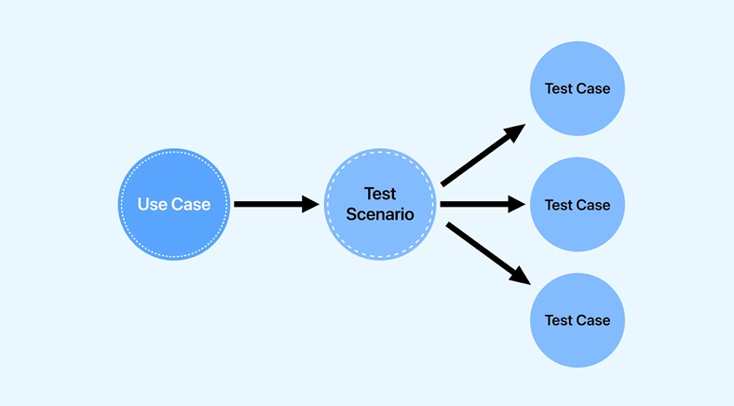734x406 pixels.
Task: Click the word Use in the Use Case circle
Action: click(x=153, y=205)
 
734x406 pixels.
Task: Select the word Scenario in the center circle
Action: click(x=380, y=214)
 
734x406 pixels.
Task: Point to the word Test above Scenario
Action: click(x=380, y=194)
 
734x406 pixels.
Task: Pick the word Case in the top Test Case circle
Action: click(x=593, y=89)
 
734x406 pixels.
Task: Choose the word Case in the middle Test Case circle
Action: click(x=593, y=205)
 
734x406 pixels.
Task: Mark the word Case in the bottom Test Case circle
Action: click(x=593, y=320)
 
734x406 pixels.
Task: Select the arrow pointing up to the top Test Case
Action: click(x=480, y=156)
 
